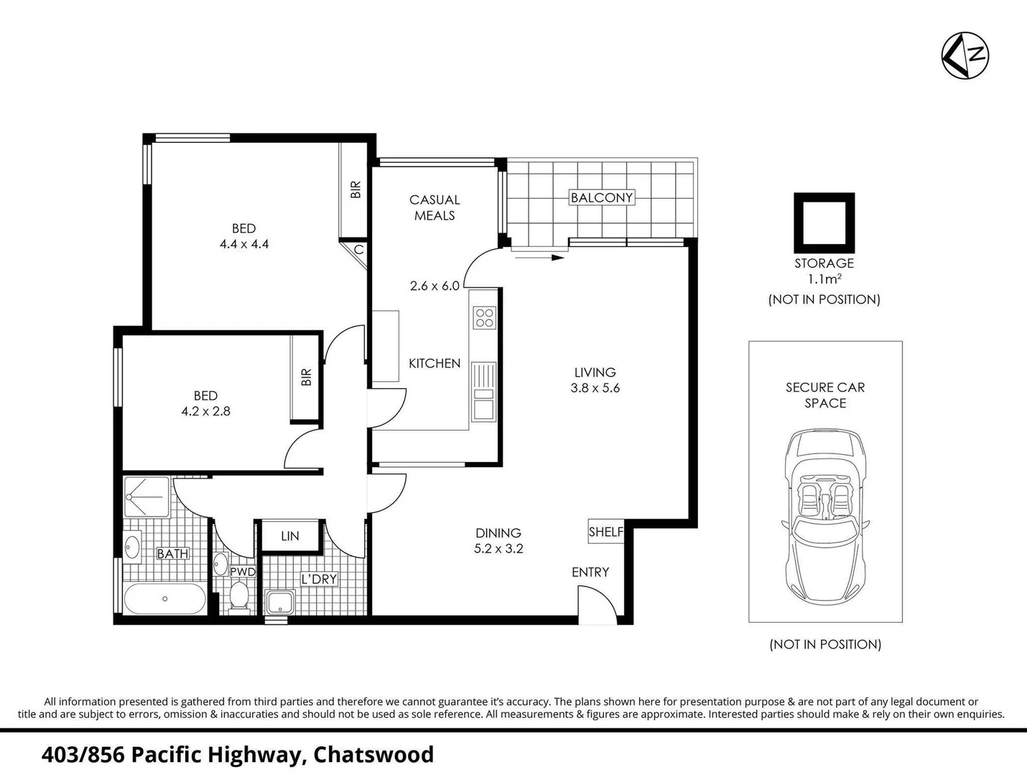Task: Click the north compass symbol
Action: (x=965, y=55)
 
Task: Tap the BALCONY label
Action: (x=601, y=197)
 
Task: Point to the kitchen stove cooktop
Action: (x=484, y=317)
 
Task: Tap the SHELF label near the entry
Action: (x=605, y=532)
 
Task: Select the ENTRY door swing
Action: (x=596, y=601)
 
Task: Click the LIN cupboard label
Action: (x=289, y=536)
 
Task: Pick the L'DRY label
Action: (x=319, y=579)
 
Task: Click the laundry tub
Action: (x=279, y=602)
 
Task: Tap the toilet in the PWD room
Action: (x=238, y=595)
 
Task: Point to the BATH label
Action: (x=172, y=554)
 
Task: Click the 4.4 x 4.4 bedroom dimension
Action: (x=244, y=244)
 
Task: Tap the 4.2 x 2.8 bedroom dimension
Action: (x=205, y=411)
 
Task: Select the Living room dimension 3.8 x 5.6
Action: (x=595, y=388)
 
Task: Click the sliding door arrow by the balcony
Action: (x=539, y=256)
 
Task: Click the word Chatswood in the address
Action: (x=373, y=755)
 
